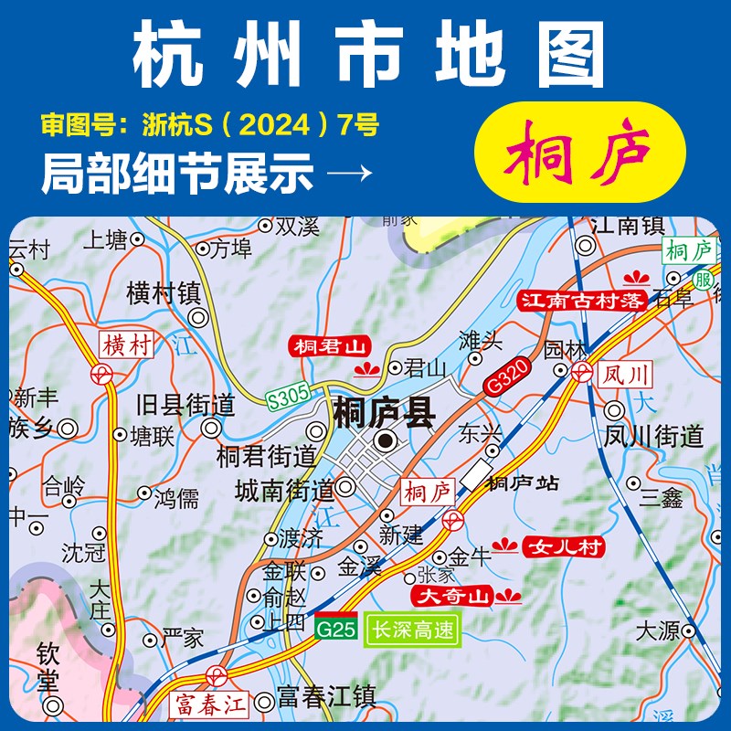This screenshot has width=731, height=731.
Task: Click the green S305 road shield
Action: coord(289,397)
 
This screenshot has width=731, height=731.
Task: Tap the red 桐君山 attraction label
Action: coord(327,346)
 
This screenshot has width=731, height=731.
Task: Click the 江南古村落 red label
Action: coord(582,300)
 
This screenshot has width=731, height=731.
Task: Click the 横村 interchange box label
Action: coord(125,344)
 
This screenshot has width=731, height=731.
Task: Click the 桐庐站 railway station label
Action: coord(523,483)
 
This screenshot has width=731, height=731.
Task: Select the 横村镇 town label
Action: coord(164,292)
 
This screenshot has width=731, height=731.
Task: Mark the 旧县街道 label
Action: coord(185,404)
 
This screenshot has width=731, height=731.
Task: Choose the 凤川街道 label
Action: coord(653,437)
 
